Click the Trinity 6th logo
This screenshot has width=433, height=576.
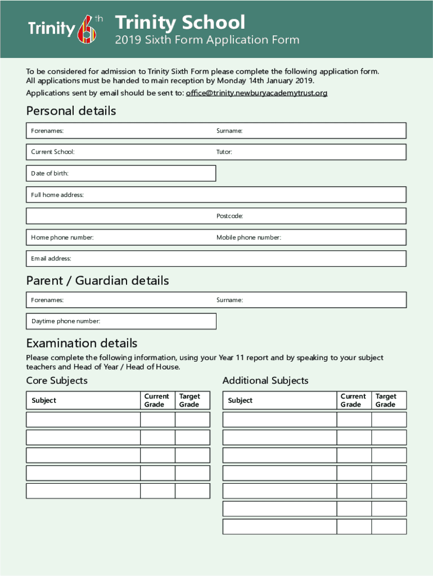click(65, 29)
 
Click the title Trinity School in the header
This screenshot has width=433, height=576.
click(180, 22)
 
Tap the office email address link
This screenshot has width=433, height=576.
click(256, 93)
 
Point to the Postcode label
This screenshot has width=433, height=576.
click(229, 216)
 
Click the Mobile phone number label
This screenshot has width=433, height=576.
click(249, 237)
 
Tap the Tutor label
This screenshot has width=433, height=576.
click(224, 152)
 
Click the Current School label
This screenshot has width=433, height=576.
click(52, 152)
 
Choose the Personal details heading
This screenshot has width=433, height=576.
click(71, 111)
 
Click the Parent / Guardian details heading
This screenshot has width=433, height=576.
click(97, 280)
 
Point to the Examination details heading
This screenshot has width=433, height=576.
click(82, 343)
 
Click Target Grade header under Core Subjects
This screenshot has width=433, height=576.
click(189, 400)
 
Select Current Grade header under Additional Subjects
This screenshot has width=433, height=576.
click(353, 400)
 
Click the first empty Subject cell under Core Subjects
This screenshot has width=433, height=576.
click(83, 420)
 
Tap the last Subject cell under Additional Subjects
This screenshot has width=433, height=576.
click(279, 527)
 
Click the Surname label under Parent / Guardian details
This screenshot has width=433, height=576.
click(229, 300)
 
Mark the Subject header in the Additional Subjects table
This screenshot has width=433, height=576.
click(240, 400)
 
